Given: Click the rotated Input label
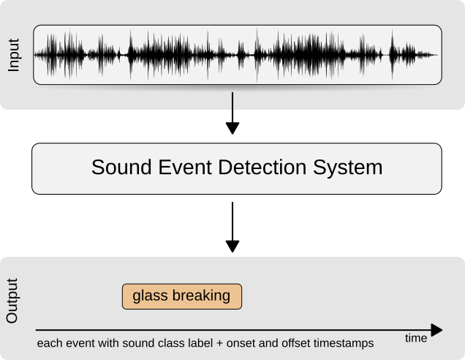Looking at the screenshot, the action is tap(13, 55).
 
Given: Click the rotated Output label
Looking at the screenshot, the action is tap(12, 301).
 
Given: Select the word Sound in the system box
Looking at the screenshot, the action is tap(122, 167).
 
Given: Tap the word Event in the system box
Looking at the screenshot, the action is tap(185, 167).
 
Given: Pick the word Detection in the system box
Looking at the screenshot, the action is tap(262, 167).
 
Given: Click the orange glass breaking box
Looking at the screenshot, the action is tap(182, 296).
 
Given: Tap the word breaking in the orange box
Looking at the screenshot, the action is tap(201, 296).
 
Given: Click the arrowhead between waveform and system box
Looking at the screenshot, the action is tap(232, 128).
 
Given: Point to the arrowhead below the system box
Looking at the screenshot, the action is tap(232, 247).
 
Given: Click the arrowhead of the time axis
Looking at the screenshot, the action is tap(436, 330).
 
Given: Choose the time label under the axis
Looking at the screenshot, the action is tap(416, 338).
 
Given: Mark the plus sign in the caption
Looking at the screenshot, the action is tap(220, 344).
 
